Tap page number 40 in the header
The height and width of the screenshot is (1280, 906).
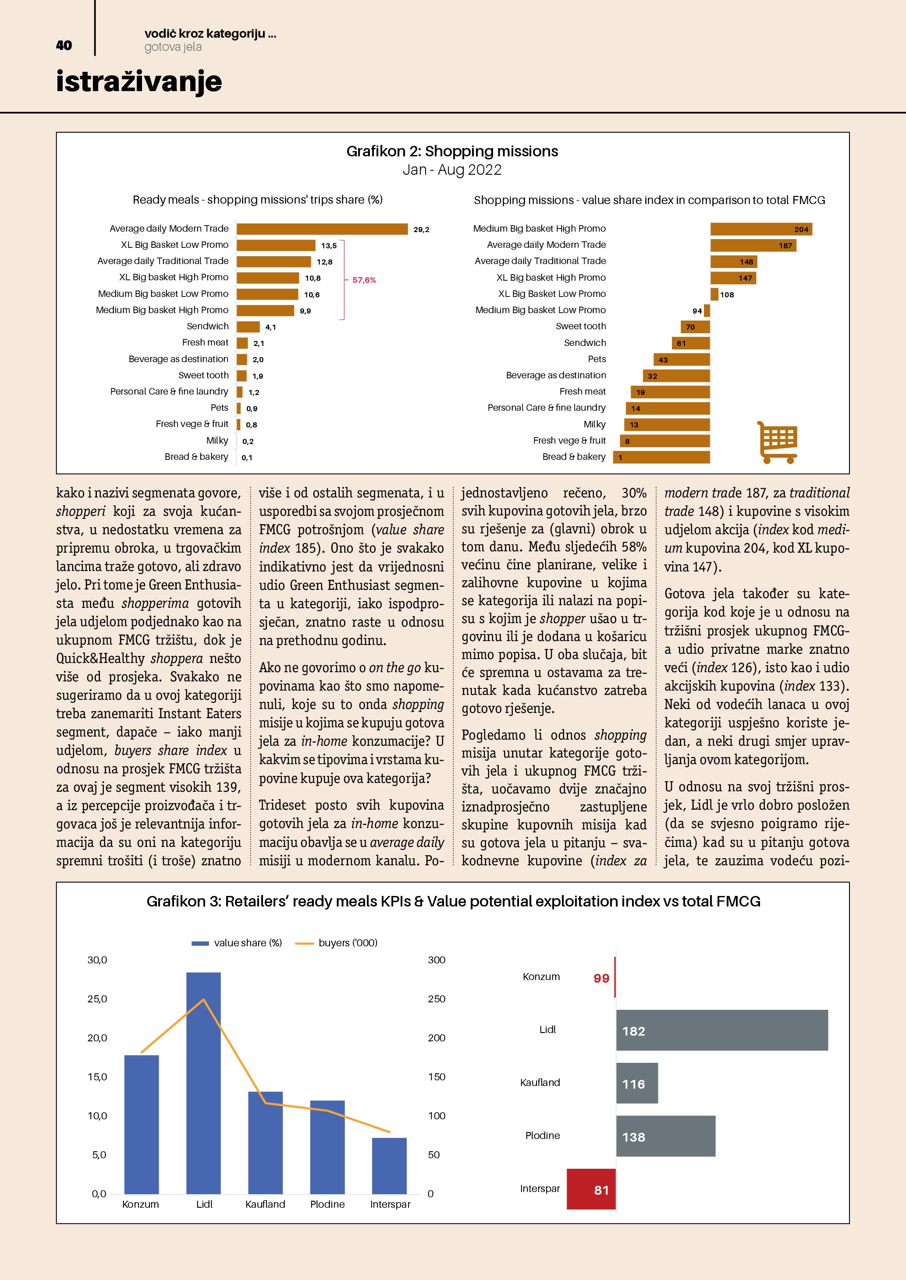tap(64, 45)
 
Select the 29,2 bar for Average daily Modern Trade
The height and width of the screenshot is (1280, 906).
tap(322, 229)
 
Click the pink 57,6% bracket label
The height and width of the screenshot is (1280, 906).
tap(364, 280)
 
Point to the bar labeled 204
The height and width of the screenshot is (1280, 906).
tap(761, 229)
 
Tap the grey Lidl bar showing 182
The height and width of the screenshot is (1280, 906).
tap(722, 1031)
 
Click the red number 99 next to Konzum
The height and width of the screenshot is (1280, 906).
tap(601, 978)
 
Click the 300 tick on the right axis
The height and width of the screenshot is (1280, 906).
tap(436, 960)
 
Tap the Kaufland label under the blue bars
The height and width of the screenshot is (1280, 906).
tap(265, 1205)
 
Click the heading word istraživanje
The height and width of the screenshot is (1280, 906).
tap(139, 81)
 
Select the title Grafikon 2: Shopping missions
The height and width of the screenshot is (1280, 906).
tap(452, 151)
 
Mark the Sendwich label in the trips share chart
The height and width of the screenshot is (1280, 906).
tap(207, 326)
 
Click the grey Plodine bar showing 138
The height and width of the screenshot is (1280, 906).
tap(665, 1137)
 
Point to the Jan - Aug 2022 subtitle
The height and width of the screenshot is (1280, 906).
tap(452, 169)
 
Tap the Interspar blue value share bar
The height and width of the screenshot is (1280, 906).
tap(389, 1166)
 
